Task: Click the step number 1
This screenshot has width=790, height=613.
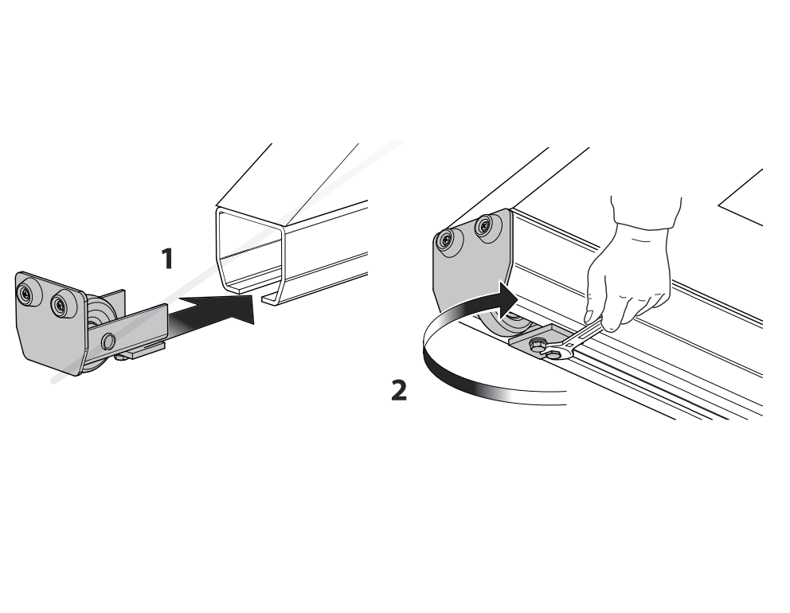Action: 166,260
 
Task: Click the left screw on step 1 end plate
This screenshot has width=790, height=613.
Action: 29,295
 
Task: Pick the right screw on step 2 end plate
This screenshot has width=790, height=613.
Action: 483,228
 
